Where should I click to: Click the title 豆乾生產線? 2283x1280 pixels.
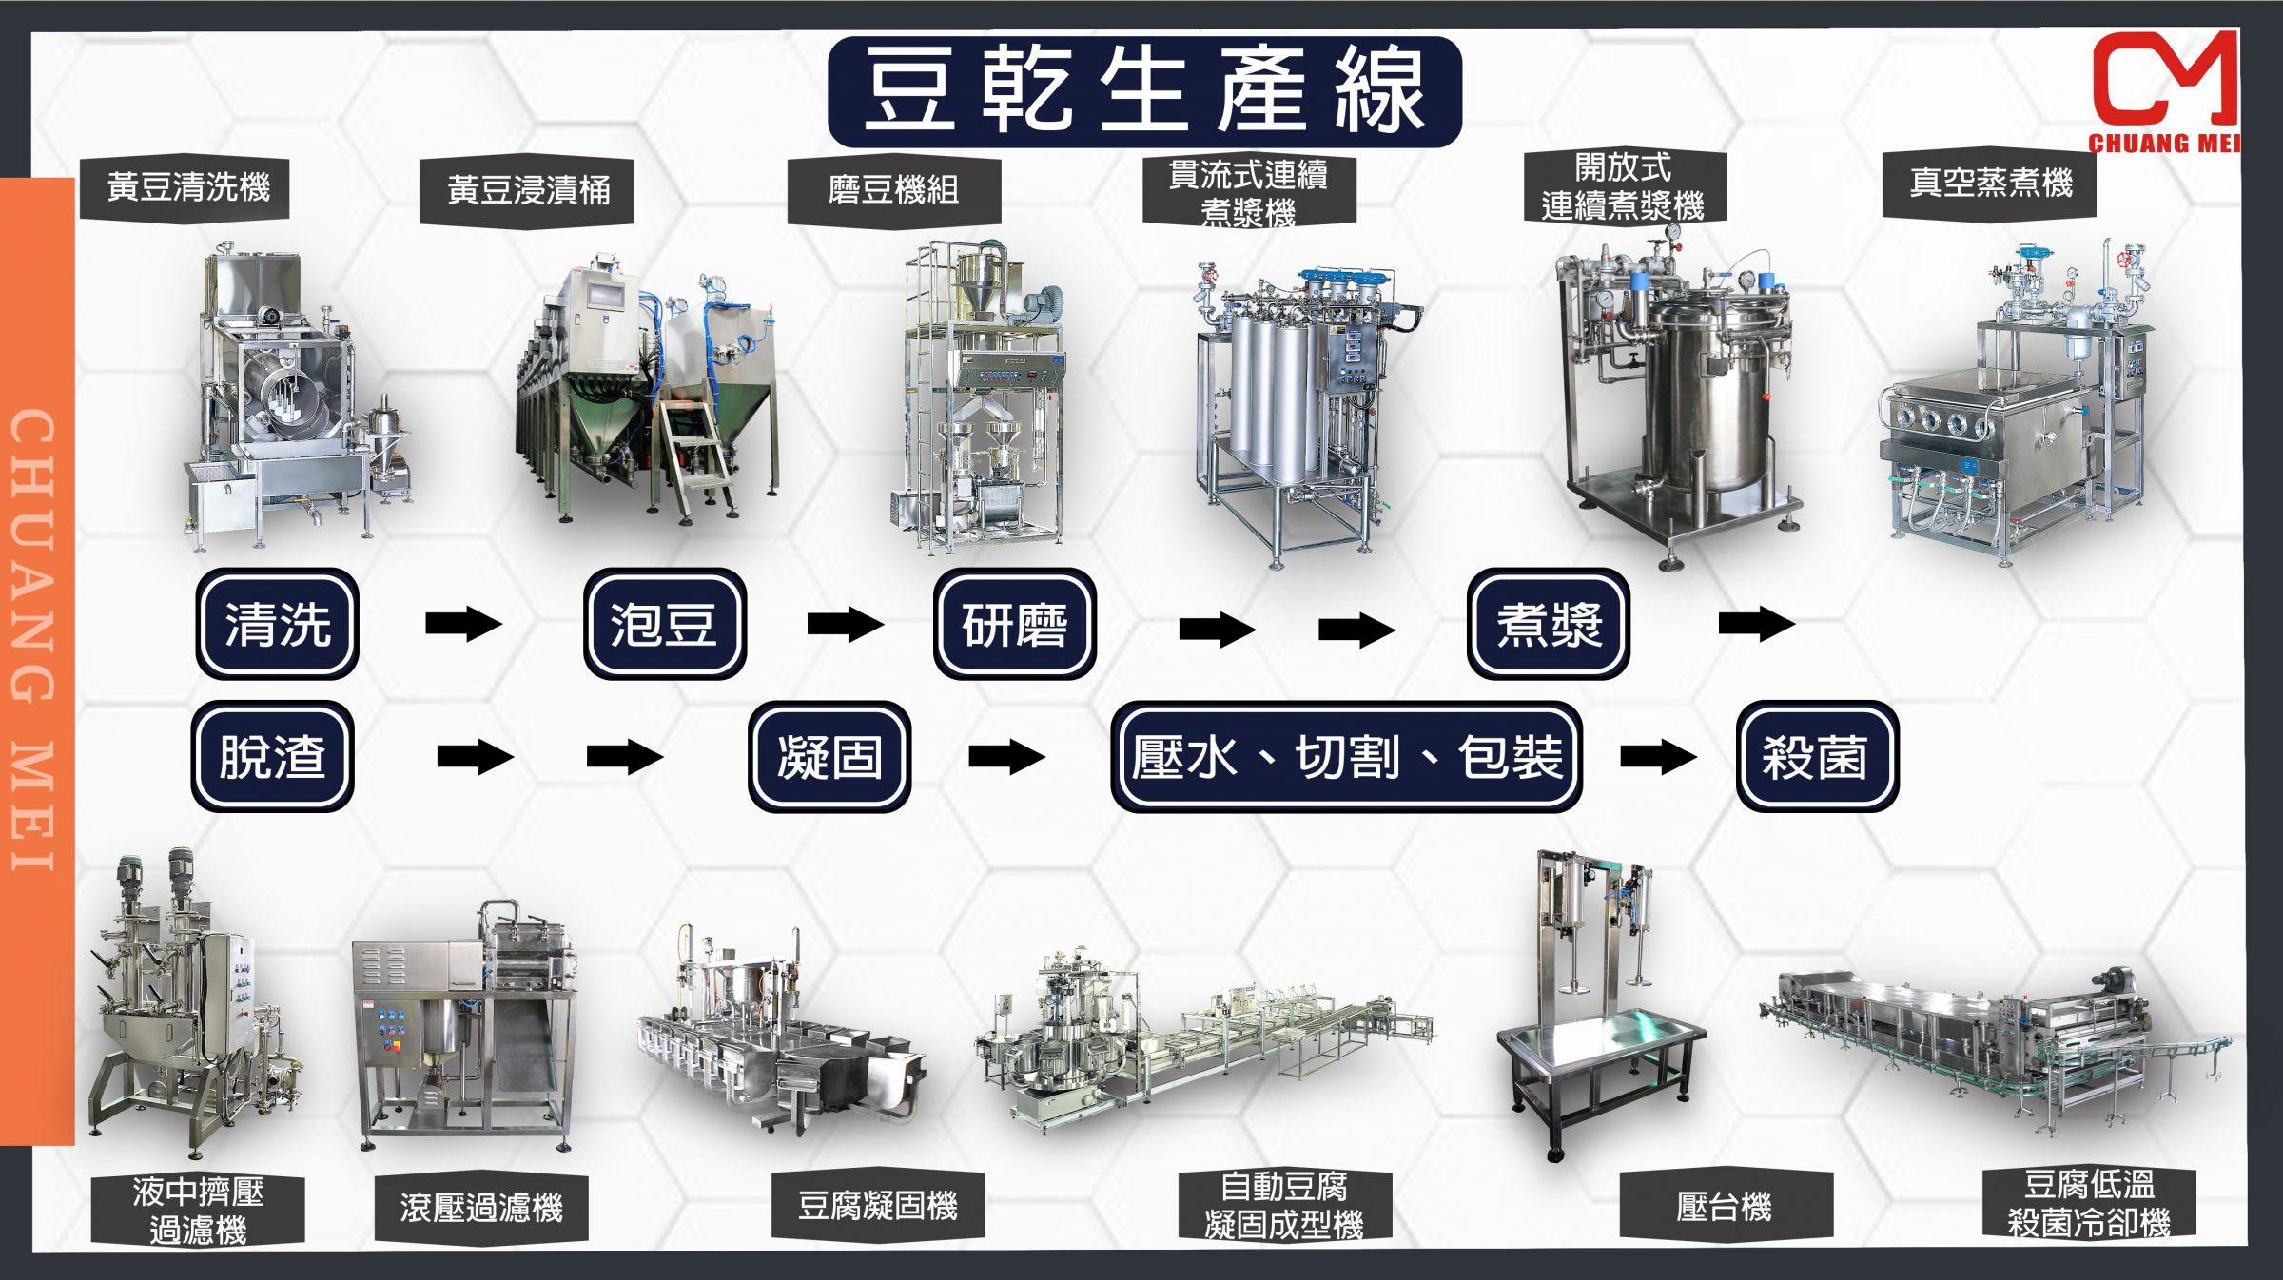(x=1144, y=91)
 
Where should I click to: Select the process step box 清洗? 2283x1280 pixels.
(x=277, y=624)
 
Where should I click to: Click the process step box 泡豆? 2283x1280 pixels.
(x=664, y=624)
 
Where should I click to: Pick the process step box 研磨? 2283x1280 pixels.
(x=1015, y=624)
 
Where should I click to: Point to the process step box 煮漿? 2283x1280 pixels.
(x=1549, y=624)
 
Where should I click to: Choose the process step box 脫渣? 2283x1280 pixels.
(x=273, y=757)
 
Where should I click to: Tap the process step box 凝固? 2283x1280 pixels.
(x=829, y=757)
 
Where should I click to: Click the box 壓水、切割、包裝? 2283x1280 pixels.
(x=1347, y=757)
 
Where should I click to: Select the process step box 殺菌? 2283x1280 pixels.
(x=1817, y=757)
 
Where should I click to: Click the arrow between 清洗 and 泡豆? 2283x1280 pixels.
(x=463, y=624)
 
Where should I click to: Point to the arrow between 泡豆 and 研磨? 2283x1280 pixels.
(x=845, y=624)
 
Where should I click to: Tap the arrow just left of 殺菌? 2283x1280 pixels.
(x=1658, y=757)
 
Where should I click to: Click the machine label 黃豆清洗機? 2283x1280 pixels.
(x=187, y=187)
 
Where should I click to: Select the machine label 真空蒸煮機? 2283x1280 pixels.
(x=1990, y=184)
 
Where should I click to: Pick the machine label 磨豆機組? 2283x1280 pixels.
(x=893, y=190)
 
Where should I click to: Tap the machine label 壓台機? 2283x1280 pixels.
(x=1725, y=1207)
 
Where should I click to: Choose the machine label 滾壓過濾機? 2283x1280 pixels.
(x=481, y=1208)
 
